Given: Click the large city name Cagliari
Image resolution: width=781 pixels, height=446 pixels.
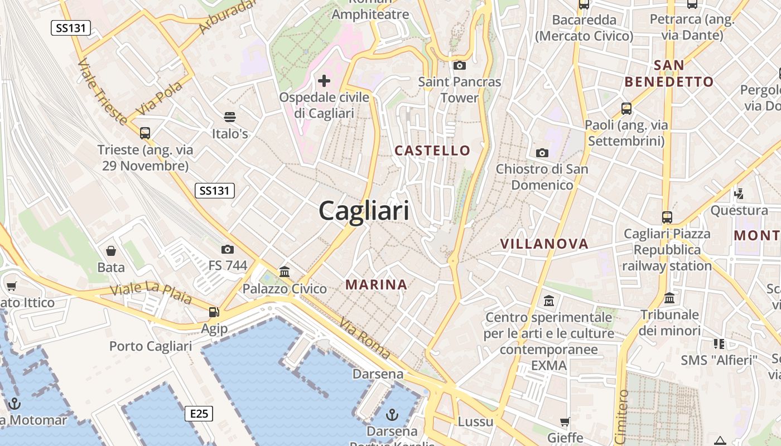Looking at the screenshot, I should [364, 211].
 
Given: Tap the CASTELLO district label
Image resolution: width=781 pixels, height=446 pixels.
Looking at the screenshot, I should [432, 151].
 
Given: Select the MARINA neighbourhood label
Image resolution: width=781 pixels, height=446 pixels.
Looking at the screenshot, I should [376, 285].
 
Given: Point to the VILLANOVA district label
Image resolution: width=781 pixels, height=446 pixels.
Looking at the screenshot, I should [544, 244].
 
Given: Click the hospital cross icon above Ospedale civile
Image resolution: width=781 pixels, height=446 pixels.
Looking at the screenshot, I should [324, 81].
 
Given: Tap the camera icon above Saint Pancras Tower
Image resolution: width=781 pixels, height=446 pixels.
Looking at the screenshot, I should [460, 66].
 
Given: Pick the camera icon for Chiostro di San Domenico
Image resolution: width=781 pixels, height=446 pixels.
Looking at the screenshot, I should [542, 153].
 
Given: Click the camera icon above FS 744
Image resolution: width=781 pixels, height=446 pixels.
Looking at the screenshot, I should [228, 249].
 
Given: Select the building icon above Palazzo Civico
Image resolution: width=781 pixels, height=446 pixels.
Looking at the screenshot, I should [285, 272].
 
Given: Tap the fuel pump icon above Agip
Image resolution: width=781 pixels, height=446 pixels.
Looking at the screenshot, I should [214, 312].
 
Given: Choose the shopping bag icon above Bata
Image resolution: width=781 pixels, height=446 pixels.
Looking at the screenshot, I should [111, 251].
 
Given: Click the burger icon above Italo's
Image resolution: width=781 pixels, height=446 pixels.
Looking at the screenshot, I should [230, 117].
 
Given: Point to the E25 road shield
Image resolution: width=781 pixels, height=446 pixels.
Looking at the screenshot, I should [199, 414].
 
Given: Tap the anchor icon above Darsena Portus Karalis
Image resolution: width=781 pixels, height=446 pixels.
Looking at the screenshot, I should [393, 414].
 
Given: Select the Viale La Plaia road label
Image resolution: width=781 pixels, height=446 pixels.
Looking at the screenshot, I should [151, 293].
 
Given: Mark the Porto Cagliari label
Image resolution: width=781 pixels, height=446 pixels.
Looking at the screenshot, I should [151, 346].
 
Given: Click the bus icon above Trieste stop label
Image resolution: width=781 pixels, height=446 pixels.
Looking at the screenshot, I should [145, 133].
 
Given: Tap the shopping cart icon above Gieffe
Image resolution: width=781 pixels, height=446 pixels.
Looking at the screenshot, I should [565, 421].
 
